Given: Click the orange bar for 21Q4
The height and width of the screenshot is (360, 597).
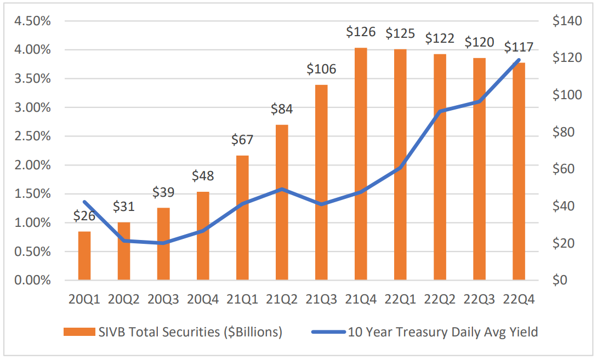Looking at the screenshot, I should [x=361, y=164].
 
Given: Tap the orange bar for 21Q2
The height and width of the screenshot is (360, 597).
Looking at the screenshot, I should [x=282, y=203].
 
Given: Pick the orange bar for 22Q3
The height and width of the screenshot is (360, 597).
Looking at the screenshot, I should [x=479, y=169].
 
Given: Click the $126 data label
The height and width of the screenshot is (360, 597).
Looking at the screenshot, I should [x=361, y=32].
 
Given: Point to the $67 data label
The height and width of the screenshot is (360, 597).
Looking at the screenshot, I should [x=242, y=140].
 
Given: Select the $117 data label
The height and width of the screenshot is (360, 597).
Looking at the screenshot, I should [x=519, y=47].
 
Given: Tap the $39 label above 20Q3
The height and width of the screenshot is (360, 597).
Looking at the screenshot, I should [x=163, y=192].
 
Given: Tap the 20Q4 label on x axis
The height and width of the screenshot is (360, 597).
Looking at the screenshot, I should [x=203, y=300].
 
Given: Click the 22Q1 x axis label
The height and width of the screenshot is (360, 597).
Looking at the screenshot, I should [x=400, y=300].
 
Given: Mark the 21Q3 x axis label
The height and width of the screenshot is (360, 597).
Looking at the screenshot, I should [x=321, y=300].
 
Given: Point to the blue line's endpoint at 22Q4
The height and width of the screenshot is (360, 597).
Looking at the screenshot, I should [x=519, y=60].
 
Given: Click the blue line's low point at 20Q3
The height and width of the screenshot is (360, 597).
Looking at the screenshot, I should [x=163, y=243].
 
